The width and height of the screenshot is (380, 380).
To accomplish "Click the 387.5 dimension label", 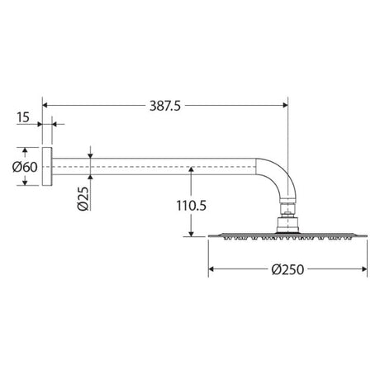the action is click(x=165, y=106).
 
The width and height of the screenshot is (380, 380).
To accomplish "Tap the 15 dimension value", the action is click(x=23, y=117).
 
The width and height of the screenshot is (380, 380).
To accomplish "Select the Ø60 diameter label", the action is click(x=25, y=167).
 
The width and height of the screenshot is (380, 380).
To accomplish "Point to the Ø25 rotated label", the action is click(x=83, y=198).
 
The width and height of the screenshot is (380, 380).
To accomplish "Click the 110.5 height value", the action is click(x=191, y=206).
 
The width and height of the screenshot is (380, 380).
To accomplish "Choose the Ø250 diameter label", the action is click(x=287, y=269).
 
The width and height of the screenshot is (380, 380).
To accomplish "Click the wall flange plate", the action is click(x=47, y=166).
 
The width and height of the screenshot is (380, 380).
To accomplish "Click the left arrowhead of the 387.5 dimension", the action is click(x=45, y=105).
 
